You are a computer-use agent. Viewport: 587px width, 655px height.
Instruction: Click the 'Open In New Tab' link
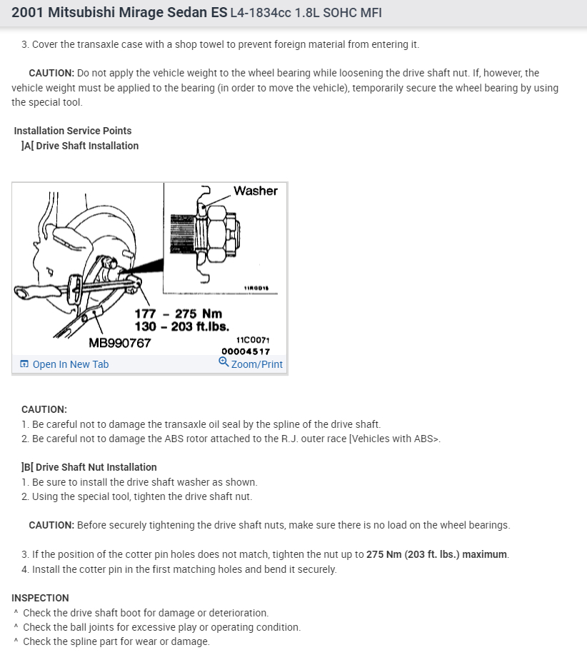70,364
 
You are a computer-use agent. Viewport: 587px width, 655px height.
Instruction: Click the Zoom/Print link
256,364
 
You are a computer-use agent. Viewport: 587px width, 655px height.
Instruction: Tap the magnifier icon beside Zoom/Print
224,362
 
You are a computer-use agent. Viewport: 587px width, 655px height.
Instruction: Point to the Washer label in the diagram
255,191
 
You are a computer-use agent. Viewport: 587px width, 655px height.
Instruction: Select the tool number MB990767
119,343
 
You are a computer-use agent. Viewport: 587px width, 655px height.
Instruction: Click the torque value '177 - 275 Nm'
178,314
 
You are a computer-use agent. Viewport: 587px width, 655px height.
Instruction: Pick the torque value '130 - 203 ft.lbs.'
181,326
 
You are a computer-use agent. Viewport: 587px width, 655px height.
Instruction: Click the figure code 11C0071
252,340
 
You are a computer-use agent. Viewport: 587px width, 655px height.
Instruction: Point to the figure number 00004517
246,351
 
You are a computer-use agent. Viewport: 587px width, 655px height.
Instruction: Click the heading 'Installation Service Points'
72,131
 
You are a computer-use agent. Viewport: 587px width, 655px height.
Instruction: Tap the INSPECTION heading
40,598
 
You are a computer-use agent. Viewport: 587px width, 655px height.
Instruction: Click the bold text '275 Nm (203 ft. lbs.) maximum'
437,555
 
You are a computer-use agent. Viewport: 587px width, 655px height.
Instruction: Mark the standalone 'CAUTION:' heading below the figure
44,409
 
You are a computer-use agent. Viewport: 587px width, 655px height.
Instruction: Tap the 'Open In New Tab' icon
24,364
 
